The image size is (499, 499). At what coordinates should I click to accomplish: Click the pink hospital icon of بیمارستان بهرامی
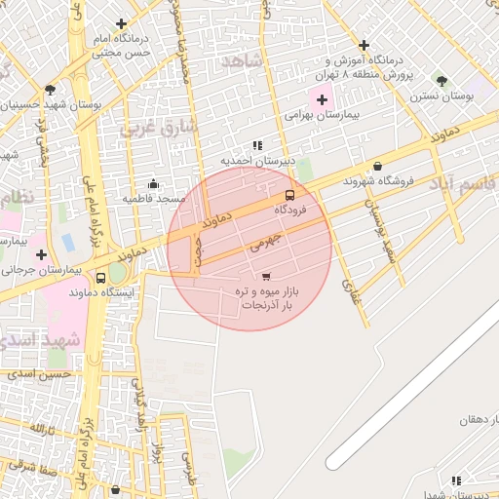click(322, 99)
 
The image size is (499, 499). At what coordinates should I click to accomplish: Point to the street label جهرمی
click(264, 238)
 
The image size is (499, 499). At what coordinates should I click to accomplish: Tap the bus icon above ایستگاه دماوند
click(101, 278)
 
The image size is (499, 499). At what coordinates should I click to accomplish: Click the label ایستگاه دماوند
click(102, 291)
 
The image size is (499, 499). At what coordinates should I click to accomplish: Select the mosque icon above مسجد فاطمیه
click(153, 183)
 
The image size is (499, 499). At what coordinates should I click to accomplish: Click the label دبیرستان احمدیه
click(250, 160)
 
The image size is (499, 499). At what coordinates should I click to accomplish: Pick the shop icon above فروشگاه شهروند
click(377, 166)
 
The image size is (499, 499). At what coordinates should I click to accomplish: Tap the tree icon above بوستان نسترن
click(441, 80)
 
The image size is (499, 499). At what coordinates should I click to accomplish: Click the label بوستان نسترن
click(441, 96)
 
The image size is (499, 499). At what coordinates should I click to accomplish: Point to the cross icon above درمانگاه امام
click(121, 23)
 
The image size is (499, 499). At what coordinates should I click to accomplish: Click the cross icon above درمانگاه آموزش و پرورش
click(364, 45)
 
